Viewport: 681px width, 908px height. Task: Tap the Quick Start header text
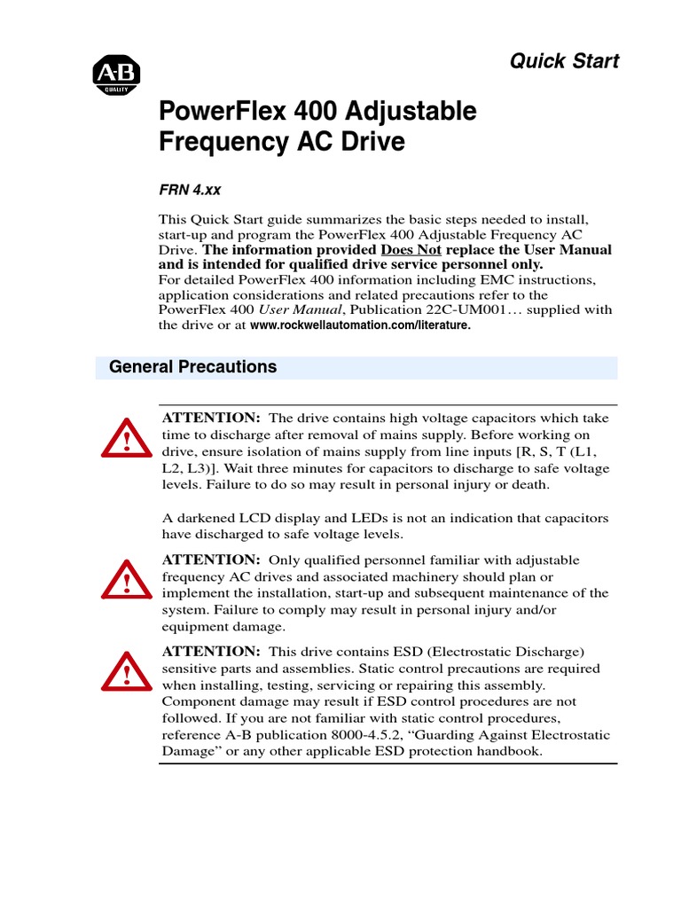tap(563, 61)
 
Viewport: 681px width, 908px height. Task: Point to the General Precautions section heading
tap(192, 367)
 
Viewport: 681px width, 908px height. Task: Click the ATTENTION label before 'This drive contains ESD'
tap(209, 652)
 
